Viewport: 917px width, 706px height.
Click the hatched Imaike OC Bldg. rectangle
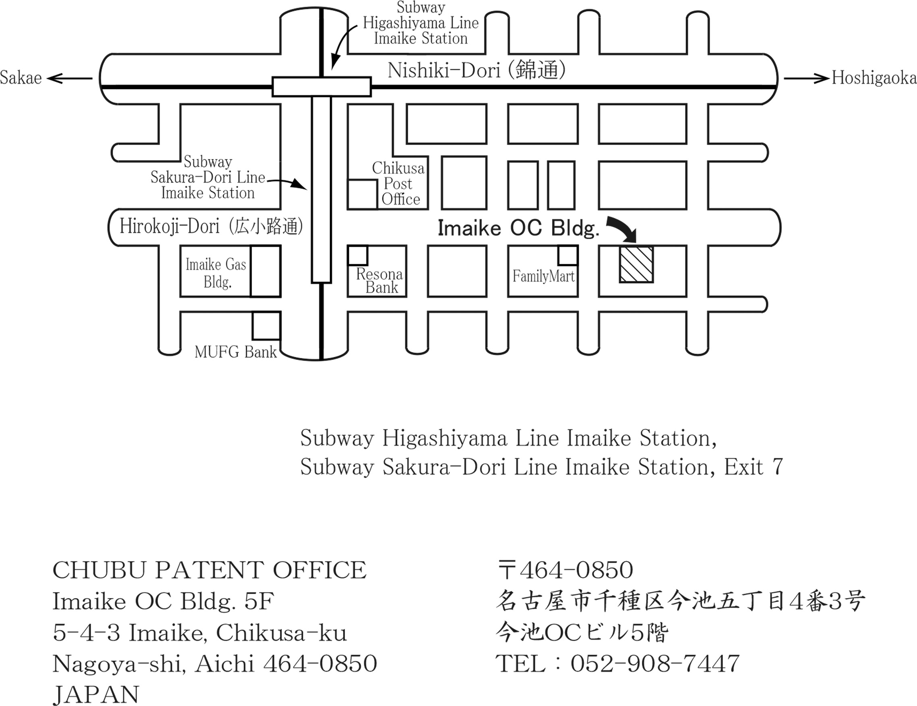point(636,265)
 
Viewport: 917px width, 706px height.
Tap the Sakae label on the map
point(21,78)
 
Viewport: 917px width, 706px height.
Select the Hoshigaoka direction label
point(874,78)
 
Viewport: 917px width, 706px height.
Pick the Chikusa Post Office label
point(398,184)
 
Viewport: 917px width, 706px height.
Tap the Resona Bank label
point(379,281)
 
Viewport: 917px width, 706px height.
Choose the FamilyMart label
point(543,276)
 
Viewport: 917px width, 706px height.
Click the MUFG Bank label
point(236,352)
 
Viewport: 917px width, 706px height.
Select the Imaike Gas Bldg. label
point(216,273)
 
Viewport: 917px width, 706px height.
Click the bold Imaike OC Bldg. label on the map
point(519,228)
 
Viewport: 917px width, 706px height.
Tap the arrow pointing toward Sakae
point(69,78)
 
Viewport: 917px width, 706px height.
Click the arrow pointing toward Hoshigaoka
point(807,78)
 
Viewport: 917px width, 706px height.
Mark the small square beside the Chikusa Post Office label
point(362,194)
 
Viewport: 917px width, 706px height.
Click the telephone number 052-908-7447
point(654,663)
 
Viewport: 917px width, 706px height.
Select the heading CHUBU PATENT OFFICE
point(209,570)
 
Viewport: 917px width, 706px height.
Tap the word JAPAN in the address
point(96,695)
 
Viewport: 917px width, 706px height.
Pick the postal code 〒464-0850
point(565,570)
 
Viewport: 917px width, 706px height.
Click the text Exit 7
point(753,467)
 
